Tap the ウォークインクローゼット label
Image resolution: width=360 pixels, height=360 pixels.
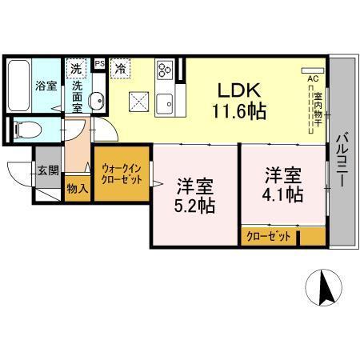tap(122, 174)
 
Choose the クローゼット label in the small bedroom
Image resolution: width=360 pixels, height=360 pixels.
tap(269, 236)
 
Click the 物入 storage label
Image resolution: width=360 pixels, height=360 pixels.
tap(78, 190)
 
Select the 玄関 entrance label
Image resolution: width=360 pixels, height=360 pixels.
tap(46, 170)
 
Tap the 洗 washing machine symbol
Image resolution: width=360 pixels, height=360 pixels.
tap(77, 69)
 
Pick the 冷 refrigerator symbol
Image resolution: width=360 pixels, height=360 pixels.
tap(120, 69)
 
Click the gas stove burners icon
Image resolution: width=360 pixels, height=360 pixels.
tap(166, 70)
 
